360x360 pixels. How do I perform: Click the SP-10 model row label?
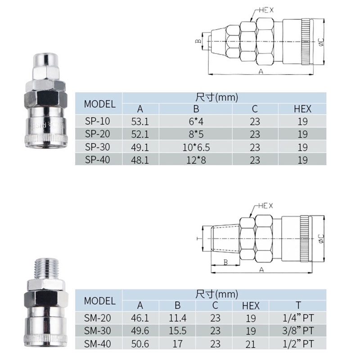pyautogui.click(x=97, y=121)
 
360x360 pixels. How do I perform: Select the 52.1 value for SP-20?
pyautogui.click(x=140, y=134)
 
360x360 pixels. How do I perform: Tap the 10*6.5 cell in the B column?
pyautogui.click(x=196, y=147)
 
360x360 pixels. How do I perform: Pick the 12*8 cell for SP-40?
pyautogui.click(x=196, y=160)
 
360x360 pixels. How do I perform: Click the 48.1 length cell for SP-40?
pyautogui.click(x=140, y=160)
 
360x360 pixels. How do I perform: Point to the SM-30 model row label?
pyautogui.click(x=97, y=331)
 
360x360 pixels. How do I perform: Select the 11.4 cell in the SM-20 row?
pyautogui.click(x=177, y=318)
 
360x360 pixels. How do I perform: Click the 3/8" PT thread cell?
pyautogui.click(x=298, y=331)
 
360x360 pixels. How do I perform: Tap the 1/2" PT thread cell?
pyautogui.click(x=298, y=344)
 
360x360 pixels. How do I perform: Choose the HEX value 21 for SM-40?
pyautogui.click(x=251, y=344)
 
